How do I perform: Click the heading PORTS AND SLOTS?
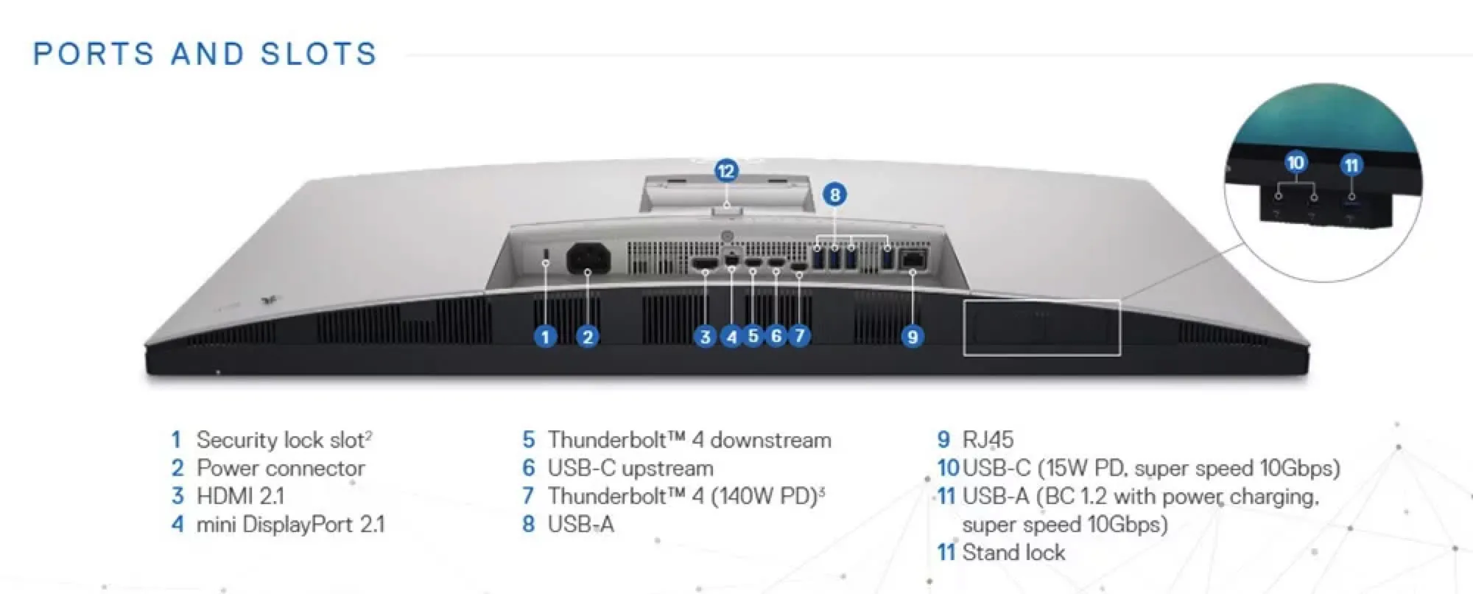(205, 55)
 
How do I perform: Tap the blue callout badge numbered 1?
(545, 337)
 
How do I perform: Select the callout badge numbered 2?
(587, 337)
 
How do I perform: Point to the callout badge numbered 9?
(913, 337)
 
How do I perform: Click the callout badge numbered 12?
(726, 171)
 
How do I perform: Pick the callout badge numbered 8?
(834, 195)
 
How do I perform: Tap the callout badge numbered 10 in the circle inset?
(1296, 162)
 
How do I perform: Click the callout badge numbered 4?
(731, 337)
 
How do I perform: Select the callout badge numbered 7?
(800, 336)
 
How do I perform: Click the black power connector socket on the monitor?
(588, 259)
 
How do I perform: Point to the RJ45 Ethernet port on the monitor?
(913, 258)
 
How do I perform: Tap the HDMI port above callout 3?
(705, 262)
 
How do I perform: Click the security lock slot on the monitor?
(546, 254)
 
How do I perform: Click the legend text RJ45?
(988, 440)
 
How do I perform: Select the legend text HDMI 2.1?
(240, 496)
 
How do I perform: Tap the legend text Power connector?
(281, 468)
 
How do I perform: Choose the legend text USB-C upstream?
(630, 468)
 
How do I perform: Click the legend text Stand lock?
(1013, 552)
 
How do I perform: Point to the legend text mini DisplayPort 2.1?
(290, 524)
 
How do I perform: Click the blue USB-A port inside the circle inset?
(1351, 214)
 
